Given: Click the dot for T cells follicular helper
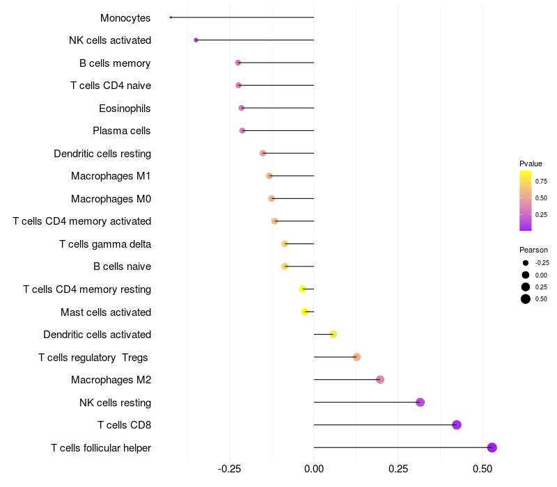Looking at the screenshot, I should click(492, 447).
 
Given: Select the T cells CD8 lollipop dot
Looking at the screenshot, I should click(457, 425).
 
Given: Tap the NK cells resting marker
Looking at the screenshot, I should click(420, 402).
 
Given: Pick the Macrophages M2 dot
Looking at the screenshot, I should click(380, 379).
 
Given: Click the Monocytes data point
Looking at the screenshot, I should click(171, 17).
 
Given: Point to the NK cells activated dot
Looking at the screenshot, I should click(196, 40).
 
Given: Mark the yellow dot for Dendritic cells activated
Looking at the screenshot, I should click(333, 334).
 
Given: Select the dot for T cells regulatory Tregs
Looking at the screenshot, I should click(356, 357).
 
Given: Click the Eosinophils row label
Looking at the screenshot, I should click(125, 108).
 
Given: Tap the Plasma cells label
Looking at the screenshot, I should click(121, 131).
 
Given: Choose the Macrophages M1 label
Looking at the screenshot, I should click(111, 176).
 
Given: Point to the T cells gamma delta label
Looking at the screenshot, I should click(105, 243).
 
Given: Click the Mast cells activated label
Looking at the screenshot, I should click(106, 312).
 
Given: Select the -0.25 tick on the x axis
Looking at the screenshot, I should click(230, 470).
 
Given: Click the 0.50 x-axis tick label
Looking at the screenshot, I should click(483, 470).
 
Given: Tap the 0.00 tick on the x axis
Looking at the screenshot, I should click(314, 470).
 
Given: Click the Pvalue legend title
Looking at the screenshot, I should click(531, 163).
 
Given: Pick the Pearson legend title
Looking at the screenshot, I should click(533, 250).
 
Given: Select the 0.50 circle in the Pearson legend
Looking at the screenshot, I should click(526, 299).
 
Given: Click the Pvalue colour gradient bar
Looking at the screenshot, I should click(526, 200).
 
